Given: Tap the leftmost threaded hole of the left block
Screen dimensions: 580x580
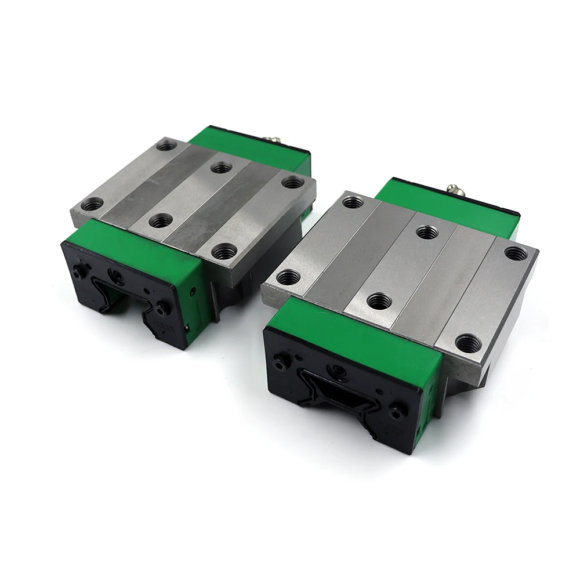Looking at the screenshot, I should [x=93, y=204].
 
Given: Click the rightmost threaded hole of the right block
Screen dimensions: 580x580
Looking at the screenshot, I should [x=516, y=253].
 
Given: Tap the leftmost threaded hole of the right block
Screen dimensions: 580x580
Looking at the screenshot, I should [x=287, y=277].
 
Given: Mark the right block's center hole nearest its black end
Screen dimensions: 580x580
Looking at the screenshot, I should [x=379, y=300].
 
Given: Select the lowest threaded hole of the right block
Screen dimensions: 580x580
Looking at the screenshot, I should [x=467, y=343].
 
